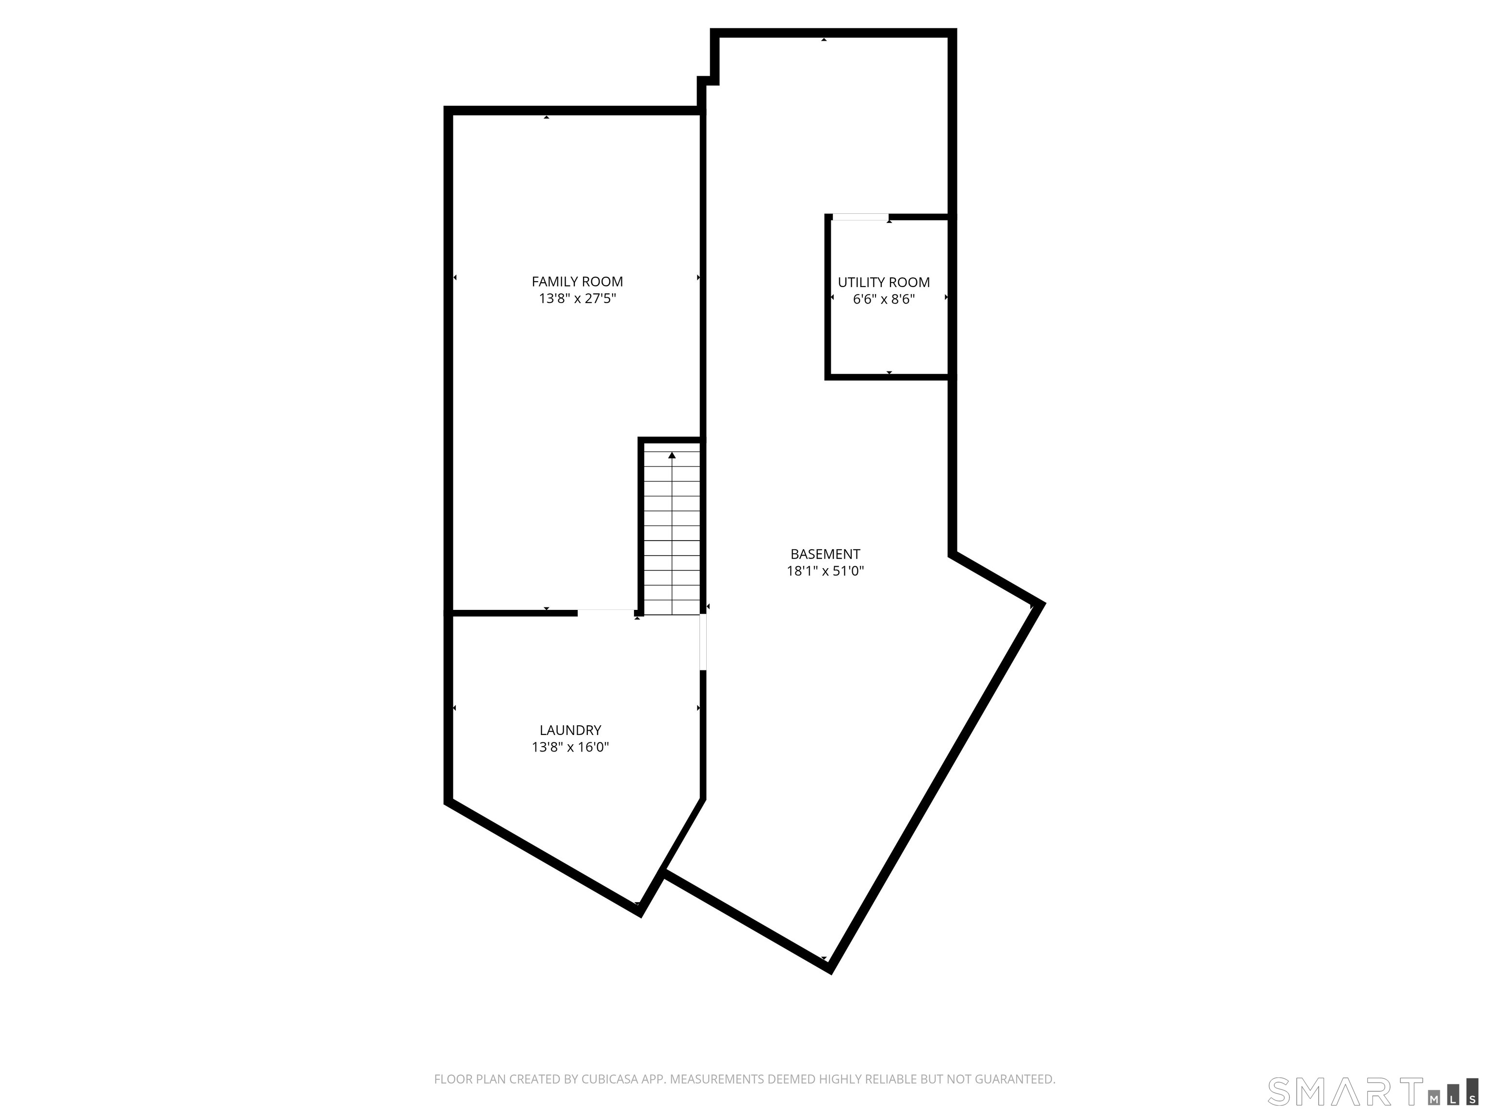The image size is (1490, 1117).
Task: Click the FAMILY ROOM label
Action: click(577, 282)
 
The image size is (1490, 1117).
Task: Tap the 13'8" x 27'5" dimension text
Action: click(577, 298)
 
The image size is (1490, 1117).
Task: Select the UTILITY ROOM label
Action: click(884, 282)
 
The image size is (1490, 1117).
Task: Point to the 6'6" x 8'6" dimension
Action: click(884, 299)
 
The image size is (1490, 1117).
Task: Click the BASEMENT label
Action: click(825, 554)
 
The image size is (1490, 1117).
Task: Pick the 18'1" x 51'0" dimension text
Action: click(825, 571)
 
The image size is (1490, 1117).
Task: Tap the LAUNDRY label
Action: click(570, 730)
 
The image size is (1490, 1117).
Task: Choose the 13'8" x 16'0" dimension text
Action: click(570, 747)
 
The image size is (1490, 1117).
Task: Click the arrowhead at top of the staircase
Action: click(672, 456)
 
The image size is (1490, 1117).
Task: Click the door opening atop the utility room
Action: click(860, 217)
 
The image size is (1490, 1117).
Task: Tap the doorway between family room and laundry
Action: click(606, 613)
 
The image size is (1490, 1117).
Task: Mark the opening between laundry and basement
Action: click(703, 642)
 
